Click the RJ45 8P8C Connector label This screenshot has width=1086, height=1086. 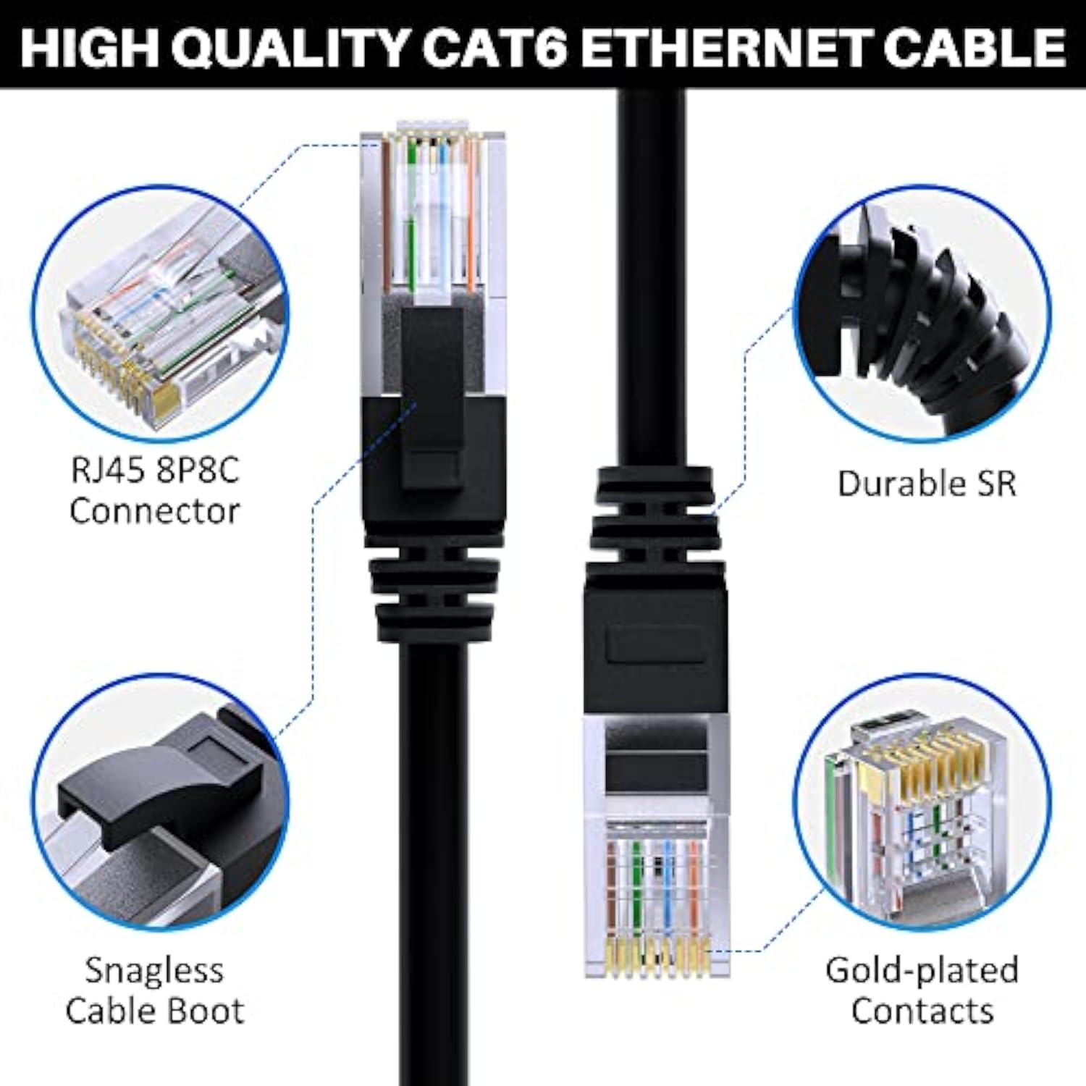[154, 491]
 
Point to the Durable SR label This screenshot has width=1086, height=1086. [927, 484]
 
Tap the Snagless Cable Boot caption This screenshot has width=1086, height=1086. [154, 990]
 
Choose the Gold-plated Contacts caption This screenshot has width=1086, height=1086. [922, 990]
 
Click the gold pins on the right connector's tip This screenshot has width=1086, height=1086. [655, 956]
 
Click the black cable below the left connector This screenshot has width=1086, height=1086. [433, 833]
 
